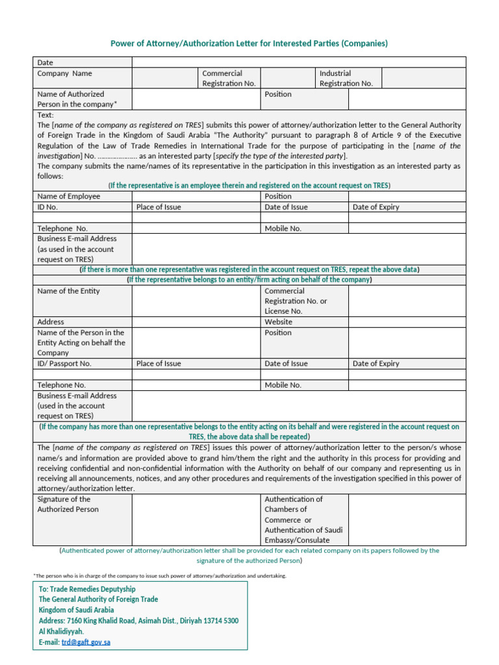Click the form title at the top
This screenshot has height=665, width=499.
click(249, 44)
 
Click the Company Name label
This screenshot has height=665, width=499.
click(65, 73)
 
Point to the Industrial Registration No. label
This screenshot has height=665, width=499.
click(346, 78)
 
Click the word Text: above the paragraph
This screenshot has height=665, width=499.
click(46, 115)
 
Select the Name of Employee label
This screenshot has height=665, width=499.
click(69, 196)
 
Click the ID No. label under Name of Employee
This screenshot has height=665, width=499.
click(48, 207)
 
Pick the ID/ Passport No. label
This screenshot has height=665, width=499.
click(64, 364)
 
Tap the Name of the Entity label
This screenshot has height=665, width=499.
click(69, 291)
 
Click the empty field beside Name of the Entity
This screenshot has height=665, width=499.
click(196, 301)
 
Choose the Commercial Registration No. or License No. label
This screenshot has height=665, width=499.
click(296, 301)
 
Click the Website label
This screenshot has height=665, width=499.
click(278, 321)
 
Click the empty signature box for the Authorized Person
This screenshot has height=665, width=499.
click(196, 520)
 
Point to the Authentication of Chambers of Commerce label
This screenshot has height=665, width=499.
click(303, 520)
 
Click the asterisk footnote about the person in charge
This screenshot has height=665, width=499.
click(159, 576)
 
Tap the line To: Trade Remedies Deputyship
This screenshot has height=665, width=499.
click(87, 589)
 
